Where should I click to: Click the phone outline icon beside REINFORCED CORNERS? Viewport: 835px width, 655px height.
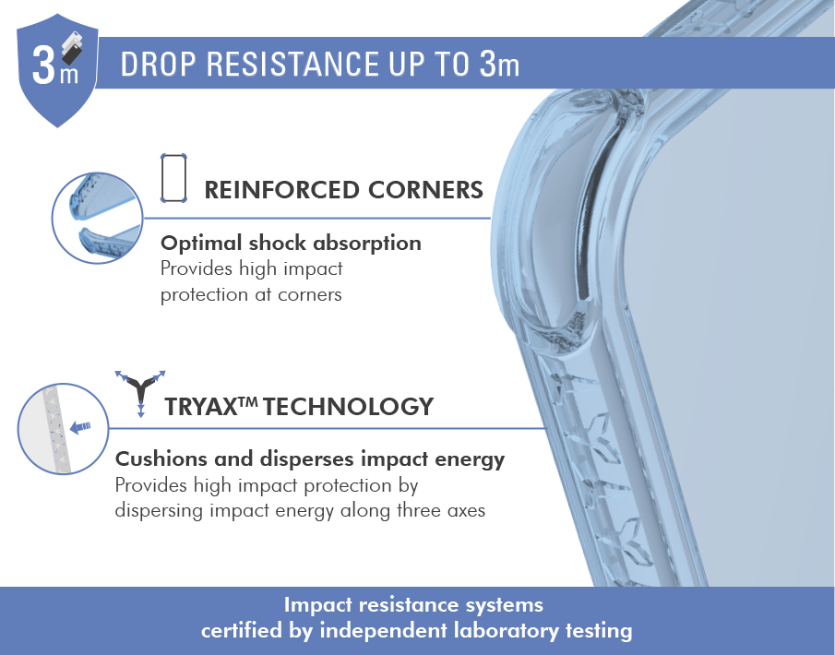coord(173,178)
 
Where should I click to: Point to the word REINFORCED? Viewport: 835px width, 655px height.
coord(281,190)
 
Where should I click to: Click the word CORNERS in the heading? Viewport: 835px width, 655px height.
coord(425,190)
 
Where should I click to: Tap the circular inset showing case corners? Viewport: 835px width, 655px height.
coord(98,218)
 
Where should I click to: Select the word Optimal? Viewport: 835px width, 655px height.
coord(201,244)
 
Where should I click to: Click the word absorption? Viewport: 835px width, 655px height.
coord(367,244)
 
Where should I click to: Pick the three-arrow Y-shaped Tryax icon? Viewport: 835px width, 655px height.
coord(140,393)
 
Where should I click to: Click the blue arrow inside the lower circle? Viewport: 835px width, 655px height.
coord(81,426)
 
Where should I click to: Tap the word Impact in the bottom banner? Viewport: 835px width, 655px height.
coord(318,605)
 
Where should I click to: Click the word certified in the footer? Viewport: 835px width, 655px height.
coord(243,631)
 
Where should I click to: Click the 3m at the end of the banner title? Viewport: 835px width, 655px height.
coord(499,65)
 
